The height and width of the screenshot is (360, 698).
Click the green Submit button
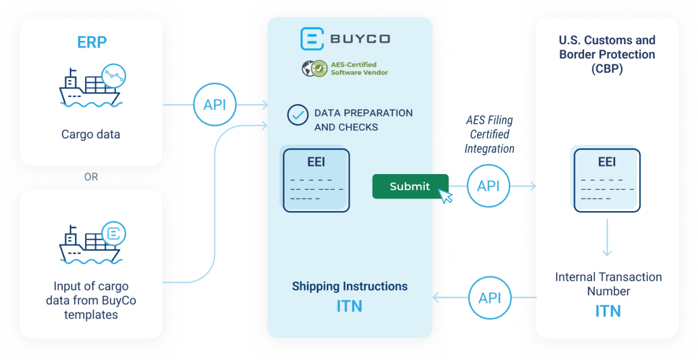tap(410, 187)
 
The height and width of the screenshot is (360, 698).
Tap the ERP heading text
tap(92, 43)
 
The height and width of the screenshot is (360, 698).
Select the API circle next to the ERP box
tap(214, 105)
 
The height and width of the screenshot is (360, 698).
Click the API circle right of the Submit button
tap(488, 187)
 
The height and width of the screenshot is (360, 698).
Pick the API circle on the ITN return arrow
tap(490, 298)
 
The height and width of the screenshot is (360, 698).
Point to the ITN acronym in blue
tap(607, 311)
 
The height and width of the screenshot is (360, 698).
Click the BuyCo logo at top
tap(346, 39)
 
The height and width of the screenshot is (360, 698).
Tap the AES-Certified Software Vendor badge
tap(346, 69)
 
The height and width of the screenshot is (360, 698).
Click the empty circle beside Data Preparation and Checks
tap(298, 115)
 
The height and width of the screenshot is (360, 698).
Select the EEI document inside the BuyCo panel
tap(316, 181)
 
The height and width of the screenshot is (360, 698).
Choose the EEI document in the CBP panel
tap(607, 181)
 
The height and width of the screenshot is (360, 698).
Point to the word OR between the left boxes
tap(91, 177)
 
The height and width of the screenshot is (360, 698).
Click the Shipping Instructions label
tap(350, 286)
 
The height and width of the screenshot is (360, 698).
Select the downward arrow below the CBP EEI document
tap(607, 238)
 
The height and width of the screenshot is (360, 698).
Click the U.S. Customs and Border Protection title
tap(607, 55)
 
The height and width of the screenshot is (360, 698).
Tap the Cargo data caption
tap(91, 134)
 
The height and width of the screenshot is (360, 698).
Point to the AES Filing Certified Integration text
tap(489, 134)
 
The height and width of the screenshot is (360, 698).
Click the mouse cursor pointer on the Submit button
tap(446, 196)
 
